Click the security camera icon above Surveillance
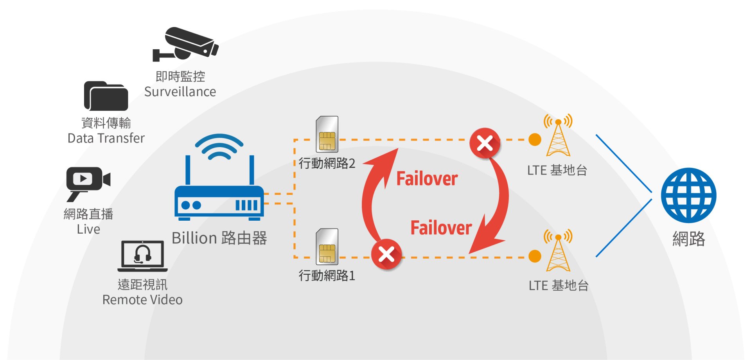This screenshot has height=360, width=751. [x=185, y=44]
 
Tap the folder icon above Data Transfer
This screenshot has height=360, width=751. [x=106, y=96]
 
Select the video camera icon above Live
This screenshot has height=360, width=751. [x=88, y=181]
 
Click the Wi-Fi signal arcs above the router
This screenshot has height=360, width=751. [x=219, y=147]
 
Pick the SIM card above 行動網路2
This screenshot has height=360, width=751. [x=327, y=134]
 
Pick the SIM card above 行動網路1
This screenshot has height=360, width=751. [x=327, y=247]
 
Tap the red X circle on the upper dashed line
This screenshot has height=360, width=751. [x=485, y=143]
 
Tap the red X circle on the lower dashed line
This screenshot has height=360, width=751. [x=386, y=255]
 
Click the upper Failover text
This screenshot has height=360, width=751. [x=427, y=179]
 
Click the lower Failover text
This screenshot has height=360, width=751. [x=441, y=228]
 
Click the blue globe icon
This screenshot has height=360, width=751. [x=688, y=195]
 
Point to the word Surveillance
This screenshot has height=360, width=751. [x=180, y=92]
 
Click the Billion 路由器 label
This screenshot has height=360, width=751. [x=219, y=238]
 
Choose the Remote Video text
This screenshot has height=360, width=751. [x=142, y=300]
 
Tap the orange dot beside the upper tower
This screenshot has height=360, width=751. [x=535, y=139]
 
